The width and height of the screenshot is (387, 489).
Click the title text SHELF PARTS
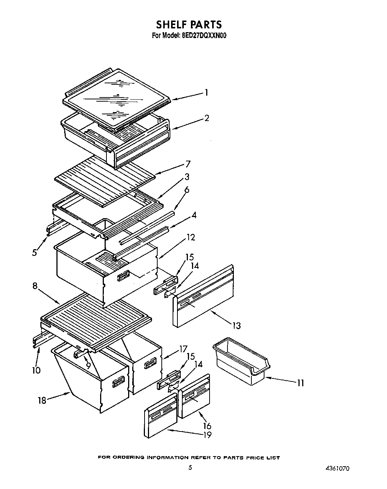click(189, 25)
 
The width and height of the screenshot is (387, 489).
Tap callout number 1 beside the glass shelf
click(206, 93)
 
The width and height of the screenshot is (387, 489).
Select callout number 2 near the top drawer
click(206, 118)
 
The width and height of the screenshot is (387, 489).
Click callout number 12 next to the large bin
click(190, 237)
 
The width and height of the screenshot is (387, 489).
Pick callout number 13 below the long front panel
click(236, 325)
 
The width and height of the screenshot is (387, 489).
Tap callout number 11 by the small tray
click(300, 383)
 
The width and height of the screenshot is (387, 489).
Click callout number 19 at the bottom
click(207, 435)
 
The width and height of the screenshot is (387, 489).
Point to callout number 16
click(207, 425)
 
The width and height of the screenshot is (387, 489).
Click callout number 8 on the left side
click(35, 286)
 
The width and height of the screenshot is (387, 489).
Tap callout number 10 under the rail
click(37, 370)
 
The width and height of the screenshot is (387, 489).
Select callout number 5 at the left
click(34, 253)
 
